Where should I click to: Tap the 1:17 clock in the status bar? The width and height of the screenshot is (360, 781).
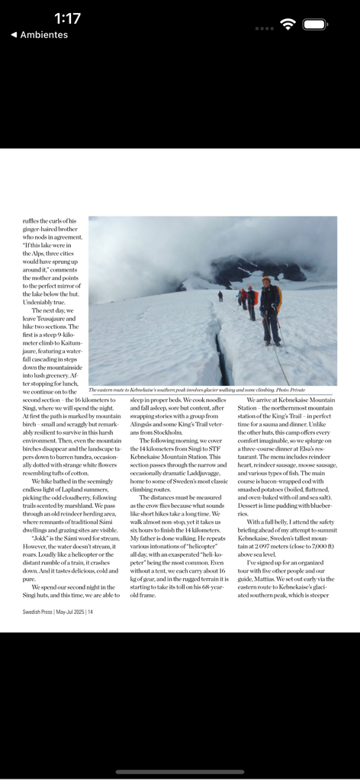pos(67,18)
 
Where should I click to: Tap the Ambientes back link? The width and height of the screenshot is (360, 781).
pos(39,35)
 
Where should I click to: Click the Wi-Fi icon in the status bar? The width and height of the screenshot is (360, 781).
pos(288,24)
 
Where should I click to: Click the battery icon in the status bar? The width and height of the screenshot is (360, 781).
pos(315,24)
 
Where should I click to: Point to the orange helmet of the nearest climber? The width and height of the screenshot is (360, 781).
pos(267,280)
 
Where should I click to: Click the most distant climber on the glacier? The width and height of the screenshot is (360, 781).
pos(220,295)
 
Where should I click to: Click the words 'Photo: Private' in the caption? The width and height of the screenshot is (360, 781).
pos(290,390)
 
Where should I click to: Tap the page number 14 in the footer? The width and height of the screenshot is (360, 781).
pos(90,611)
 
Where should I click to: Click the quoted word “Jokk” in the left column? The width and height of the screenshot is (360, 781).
pos(40,537)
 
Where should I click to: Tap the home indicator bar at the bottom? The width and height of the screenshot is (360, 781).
pos(180,771)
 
